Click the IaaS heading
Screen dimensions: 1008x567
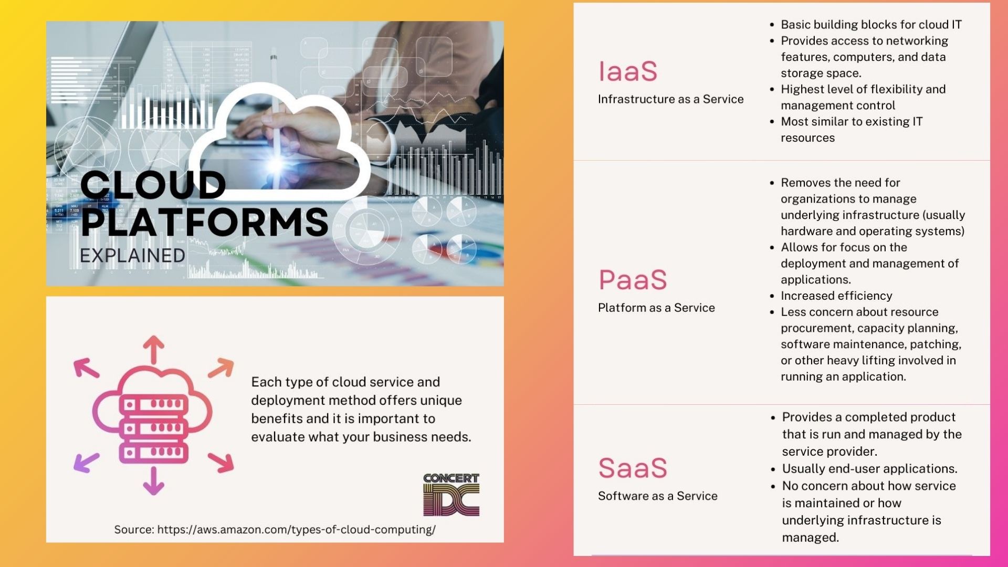628,71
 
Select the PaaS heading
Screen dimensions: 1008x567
633,280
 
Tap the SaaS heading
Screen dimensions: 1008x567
633,468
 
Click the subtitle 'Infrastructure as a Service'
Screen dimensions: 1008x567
670,99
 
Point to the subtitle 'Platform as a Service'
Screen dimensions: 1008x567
656,308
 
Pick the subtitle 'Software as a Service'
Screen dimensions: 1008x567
657,496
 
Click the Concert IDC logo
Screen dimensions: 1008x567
451,495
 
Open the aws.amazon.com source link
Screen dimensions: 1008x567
296,530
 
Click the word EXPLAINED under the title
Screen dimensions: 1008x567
132,256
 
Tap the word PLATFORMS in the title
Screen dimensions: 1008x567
205,222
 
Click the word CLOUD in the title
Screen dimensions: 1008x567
153,185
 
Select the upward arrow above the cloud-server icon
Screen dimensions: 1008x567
154,350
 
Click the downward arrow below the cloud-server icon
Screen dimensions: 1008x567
154,481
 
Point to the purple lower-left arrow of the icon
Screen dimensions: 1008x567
86,462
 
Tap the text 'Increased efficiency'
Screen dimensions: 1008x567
836,296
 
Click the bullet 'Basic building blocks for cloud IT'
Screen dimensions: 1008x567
871,25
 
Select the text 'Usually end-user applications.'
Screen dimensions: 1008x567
869,469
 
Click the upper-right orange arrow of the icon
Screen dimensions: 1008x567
221,367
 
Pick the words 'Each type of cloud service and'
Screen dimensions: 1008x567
345,382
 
